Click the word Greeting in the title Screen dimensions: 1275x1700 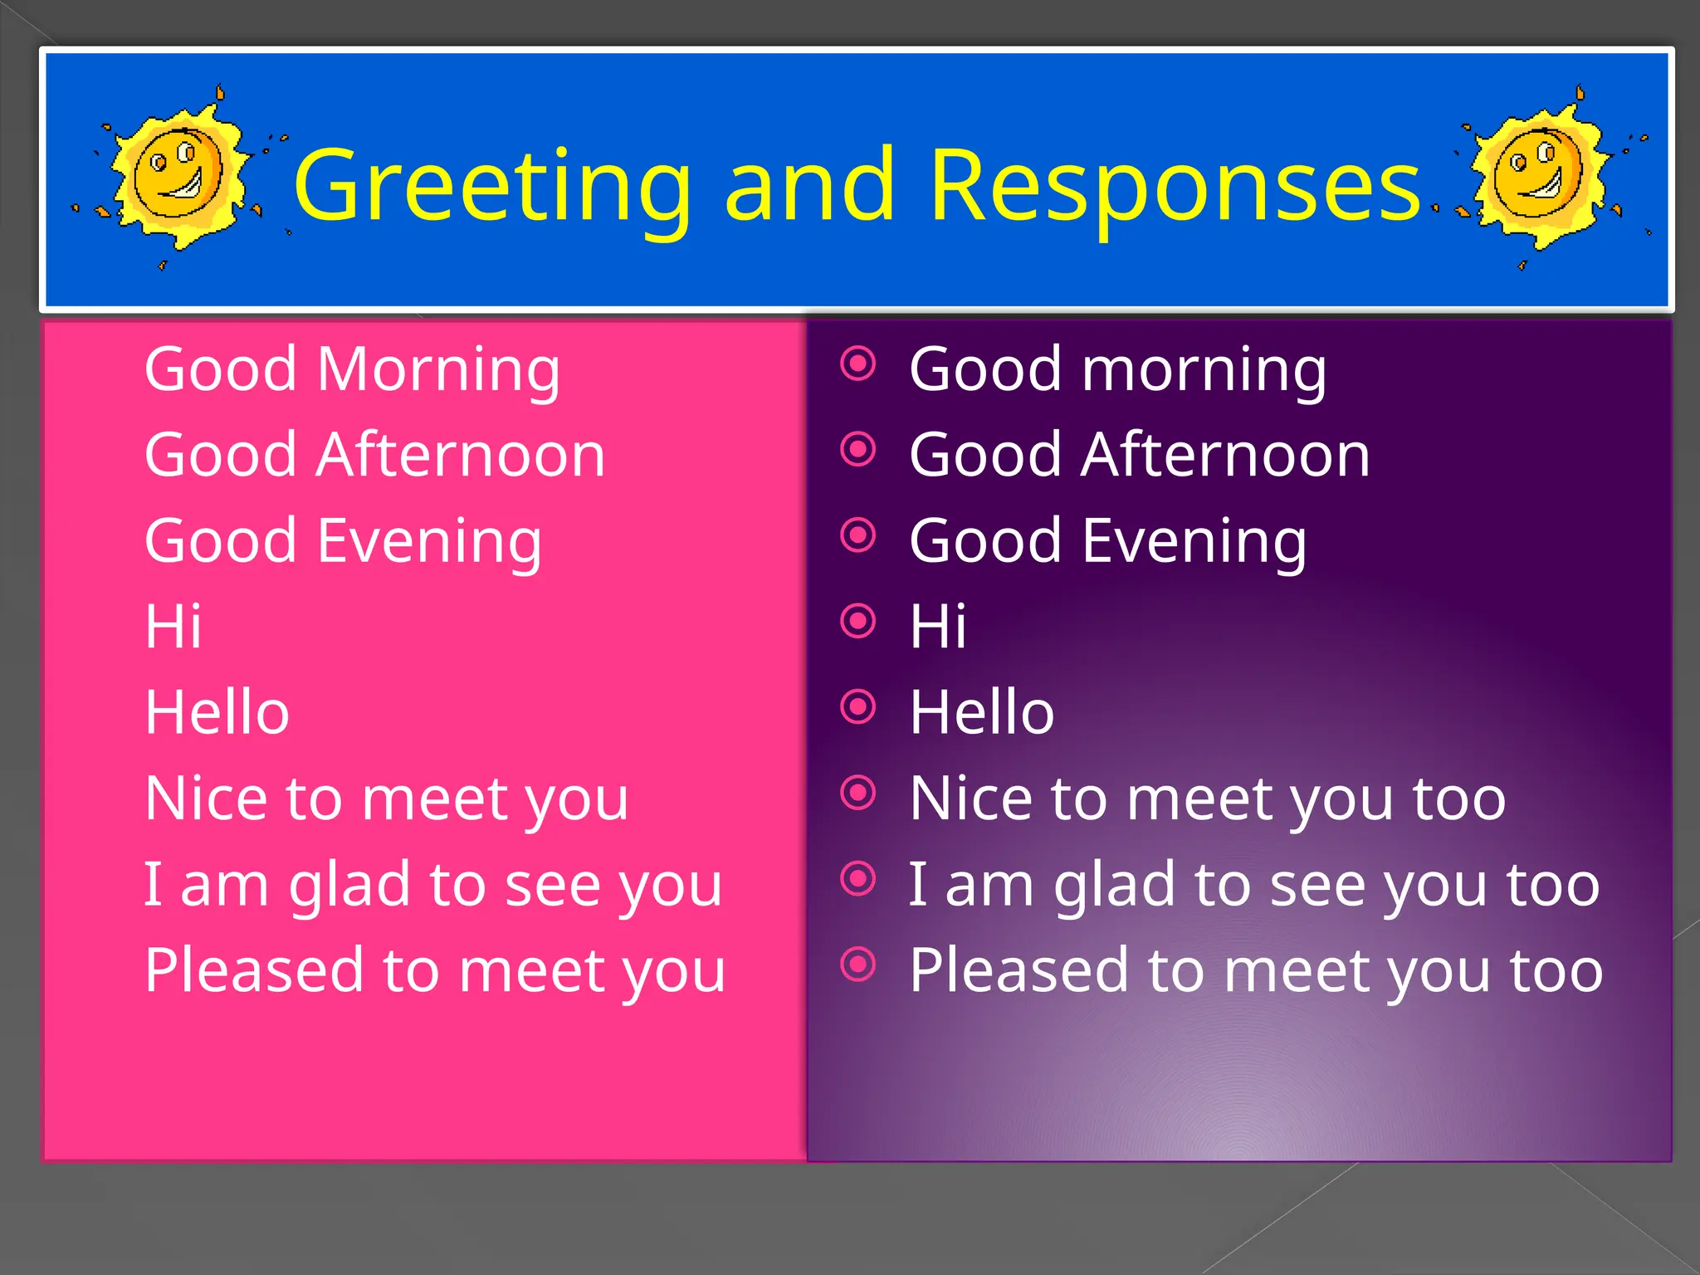(491, 187)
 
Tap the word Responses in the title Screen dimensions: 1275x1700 (1175, 187)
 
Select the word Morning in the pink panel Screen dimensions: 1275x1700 (438, 369)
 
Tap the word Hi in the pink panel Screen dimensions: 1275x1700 (173, 627)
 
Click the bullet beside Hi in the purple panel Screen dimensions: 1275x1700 (858, 620)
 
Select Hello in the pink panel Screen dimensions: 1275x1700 (217, 712)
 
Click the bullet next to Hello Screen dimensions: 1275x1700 (858, 706)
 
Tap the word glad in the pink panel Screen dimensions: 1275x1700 (352, 885)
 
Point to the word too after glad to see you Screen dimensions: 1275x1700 (1553, 885)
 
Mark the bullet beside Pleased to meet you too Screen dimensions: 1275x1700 (858, 964)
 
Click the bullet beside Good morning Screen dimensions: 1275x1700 (858, 363)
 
